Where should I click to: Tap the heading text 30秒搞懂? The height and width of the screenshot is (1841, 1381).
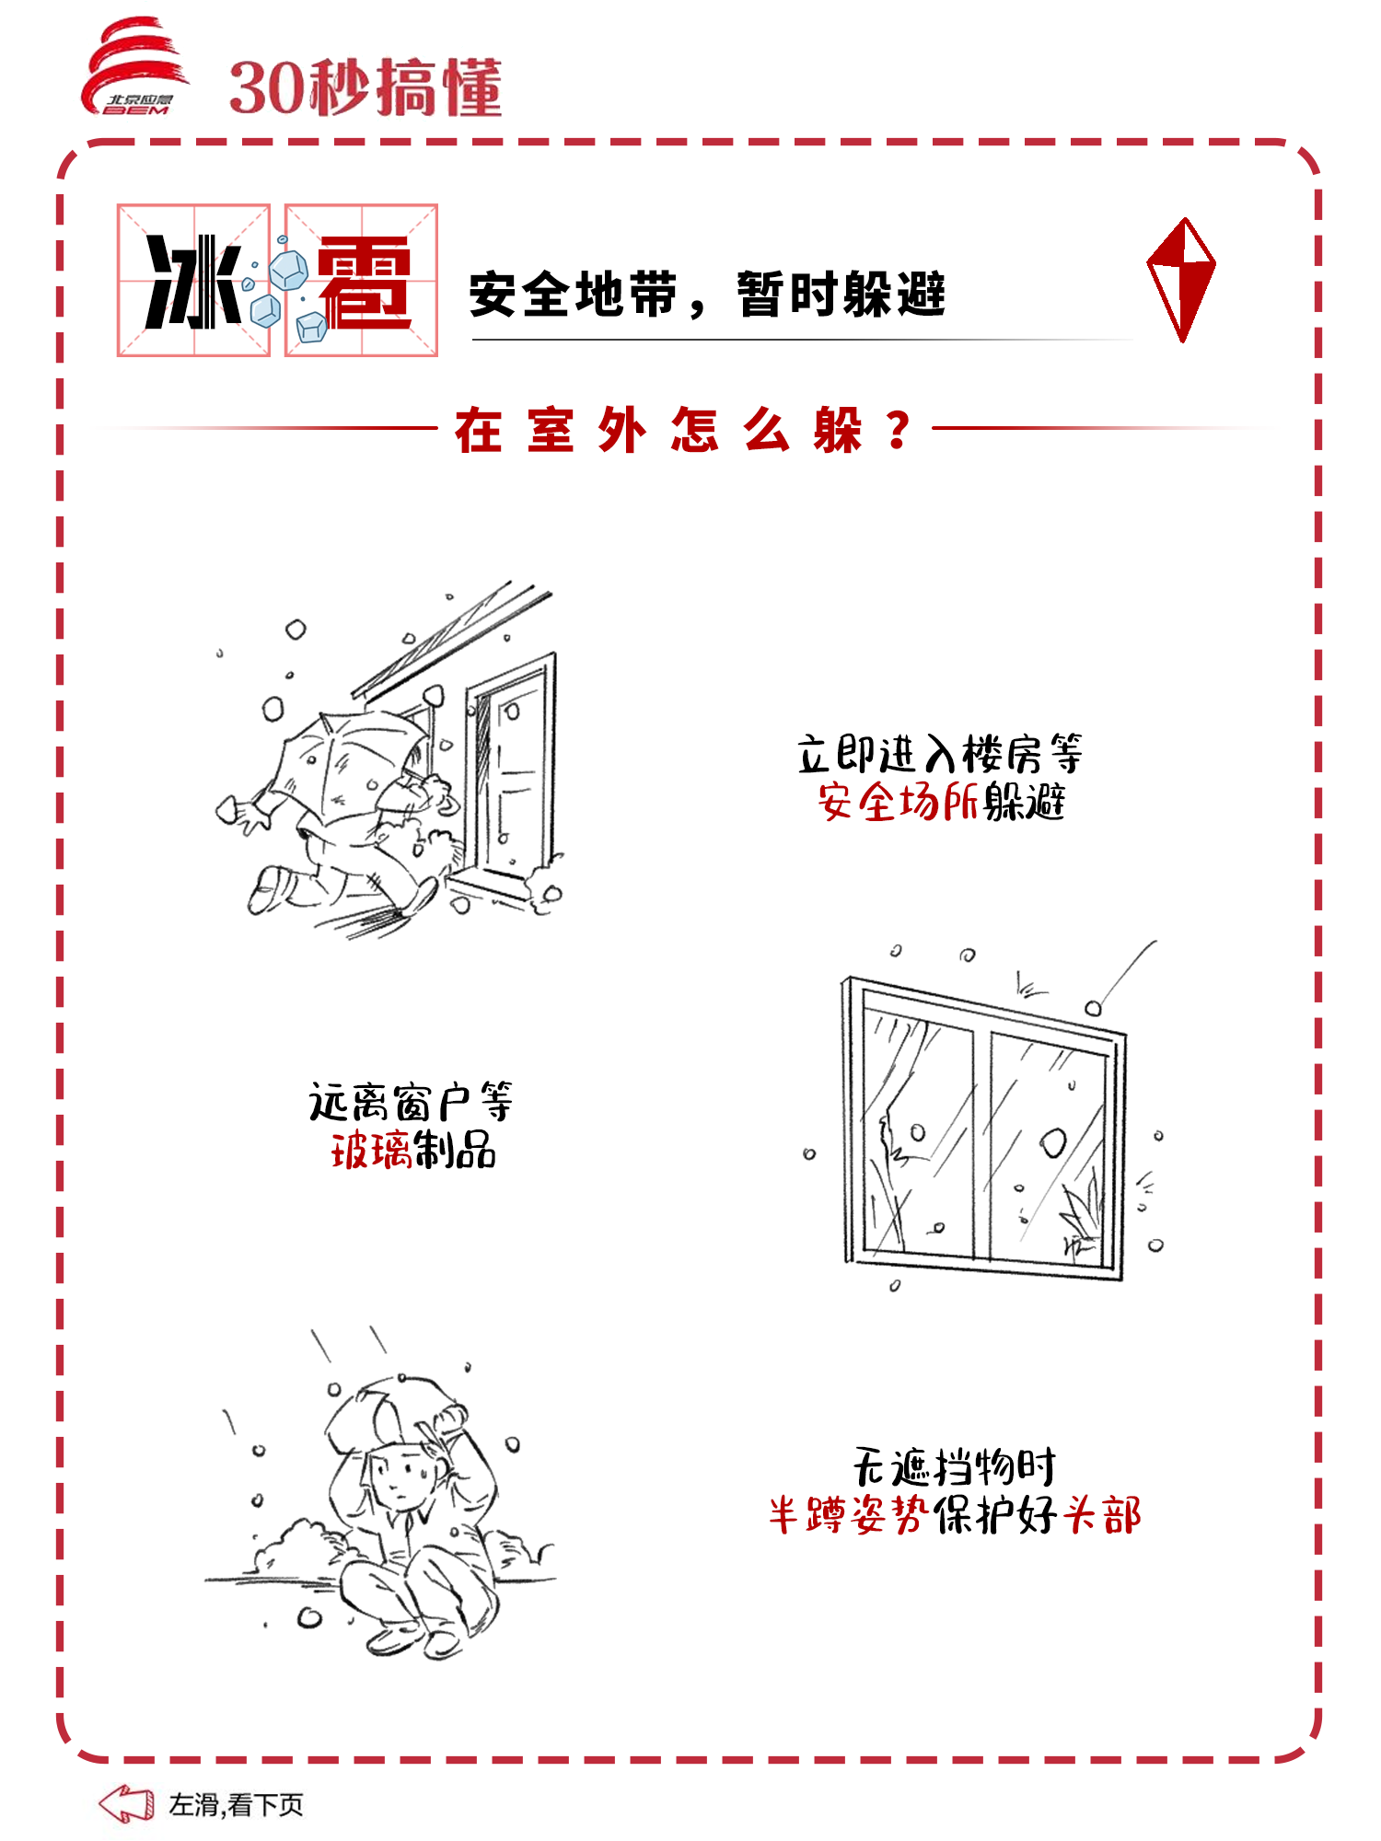366,87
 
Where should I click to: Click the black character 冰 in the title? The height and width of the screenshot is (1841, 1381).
193,281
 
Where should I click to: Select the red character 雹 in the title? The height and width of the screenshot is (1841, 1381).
364,282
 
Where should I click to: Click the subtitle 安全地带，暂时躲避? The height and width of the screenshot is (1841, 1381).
707,295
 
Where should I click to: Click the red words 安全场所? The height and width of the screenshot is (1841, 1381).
898,801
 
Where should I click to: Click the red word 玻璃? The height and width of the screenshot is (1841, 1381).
371,1150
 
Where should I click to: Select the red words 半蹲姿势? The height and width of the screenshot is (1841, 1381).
849,1514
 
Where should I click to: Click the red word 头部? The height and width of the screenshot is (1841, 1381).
1102,1514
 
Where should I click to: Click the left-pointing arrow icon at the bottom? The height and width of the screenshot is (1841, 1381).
126,1803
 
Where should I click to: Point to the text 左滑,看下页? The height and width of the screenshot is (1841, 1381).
236,1804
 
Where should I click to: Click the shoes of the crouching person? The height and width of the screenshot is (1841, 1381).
414,1638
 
